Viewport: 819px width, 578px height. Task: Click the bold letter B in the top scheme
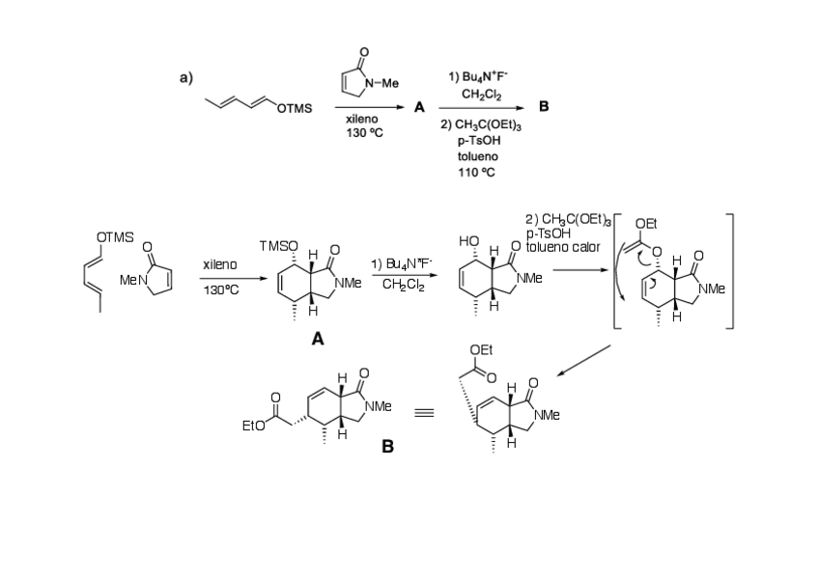click(x=543, y=107)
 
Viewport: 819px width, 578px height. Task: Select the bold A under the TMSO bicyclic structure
click(x=317, y=339)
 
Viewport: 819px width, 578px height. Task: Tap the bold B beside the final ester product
click(x=387, y=447)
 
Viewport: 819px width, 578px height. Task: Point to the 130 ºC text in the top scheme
click(x=364, y=132)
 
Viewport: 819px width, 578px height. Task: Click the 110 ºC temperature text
click(x=477, y=172)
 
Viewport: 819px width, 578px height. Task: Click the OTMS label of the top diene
click(x=295, y=109)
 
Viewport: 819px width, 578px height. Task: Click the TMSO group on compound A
click(x=279, y=246)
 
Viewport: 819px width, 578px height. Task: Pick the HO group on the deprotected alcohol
click(x=470, y=242)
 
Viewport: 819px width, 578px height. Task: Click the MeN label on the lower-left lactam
click(x=132, y=279)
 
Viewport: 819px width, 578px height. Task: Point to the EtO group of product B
click(x=254, y=424)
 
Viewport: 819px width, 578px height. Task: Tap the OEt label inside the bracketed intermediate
click(x=645, y=224)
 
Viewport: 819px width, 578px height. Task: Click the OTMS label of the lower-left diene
click(x=115, y=236)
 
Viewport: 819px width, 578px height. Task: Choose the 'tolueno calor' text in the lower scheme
click(x=563, y=247)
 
